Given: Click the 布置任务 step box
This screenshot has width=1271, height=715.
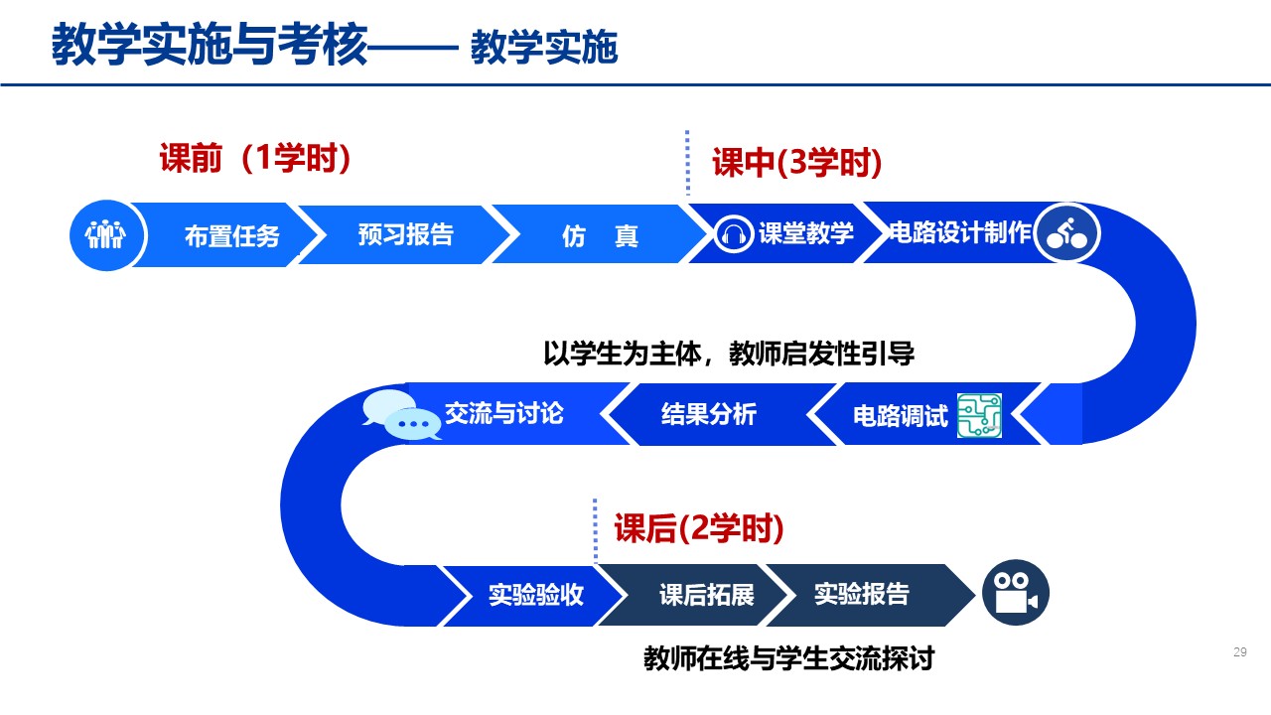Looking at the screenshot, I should (x=231, y=235).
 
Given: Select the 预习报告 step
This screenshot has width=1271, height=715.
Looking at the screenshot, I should (x=405, y=234).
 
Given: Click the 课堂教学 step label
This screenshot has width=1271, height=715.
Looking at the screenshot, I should (x=805, y=233).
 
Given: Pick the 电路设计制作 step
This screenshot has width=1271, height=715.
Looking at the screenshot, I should (x=959, y=233).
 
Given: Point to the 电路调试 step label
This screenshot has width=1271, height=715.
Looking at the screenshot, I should (x=901, y=415).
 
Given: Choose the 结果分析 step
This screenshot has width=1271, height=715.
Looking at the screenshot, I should (x=708, y=414).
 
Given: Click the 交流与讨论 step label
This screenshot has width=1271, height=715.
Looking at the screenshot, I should (x=503, y=413).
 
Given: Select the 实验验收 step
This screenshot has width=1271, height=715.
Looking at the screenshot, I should (x=535, y=595).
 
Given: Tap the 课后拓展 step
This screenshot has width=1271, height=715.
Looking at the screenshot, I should (x=706, y=595).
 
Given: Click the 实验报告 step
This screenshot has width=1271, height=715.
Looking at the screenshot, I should (x=861, y=594).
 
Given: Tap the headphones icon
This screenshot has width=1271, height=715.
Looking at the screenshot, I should (x=734, y=233).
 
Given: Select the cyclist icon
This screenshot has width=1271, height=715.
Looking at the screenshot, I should (x=1066, y=234).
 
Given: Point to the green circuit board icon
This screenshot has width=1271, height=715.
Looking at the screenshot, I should (x=979, y=415).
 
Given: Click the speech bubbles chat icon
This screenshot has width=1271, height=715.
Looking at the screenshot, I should (x=402, y=415).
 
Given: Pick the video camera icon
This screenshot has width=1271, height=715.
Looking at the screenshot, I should (x=1015, y=595).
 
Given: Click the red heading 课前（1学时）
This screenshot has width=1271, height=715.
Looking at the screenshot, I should (x=256, y=159).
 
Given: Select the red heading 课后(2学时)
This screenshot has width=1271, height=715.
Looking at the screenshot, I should (x=699, y=528).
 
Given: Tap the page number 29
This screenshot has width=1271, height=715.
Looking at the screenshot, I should (x=1239, y=652).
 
